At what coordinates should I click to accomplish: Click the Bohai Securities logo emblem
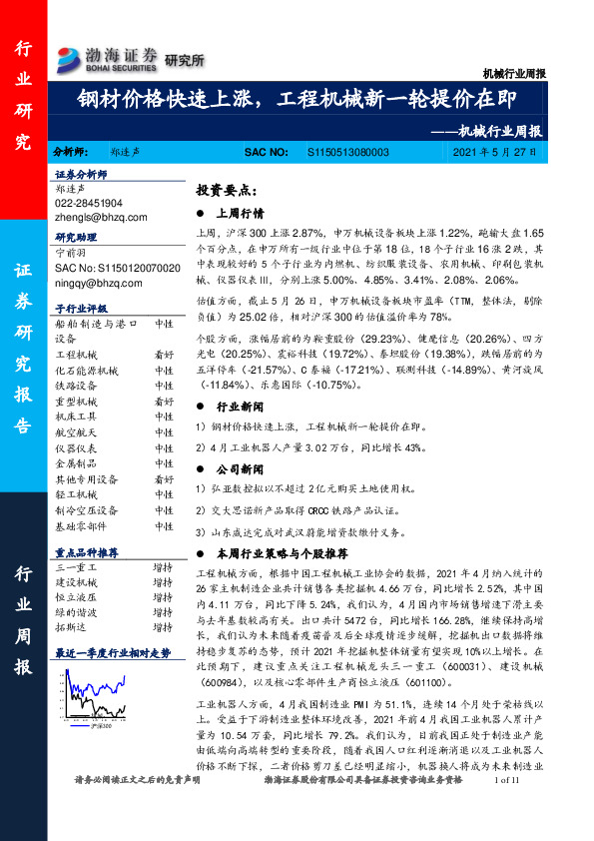coord(71,56)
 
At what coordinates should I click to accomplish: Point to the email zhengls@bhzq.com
coord(101,215)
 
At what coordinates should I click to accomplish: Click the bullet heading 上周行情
coord(239,213)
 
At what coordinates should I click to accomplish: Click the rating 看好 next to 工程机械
coord(163,355)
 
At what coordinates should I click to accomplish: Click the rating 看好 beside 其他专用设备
coord(163,479)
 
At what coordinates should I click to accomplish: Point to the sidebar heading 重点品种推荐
coord(87,552)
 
